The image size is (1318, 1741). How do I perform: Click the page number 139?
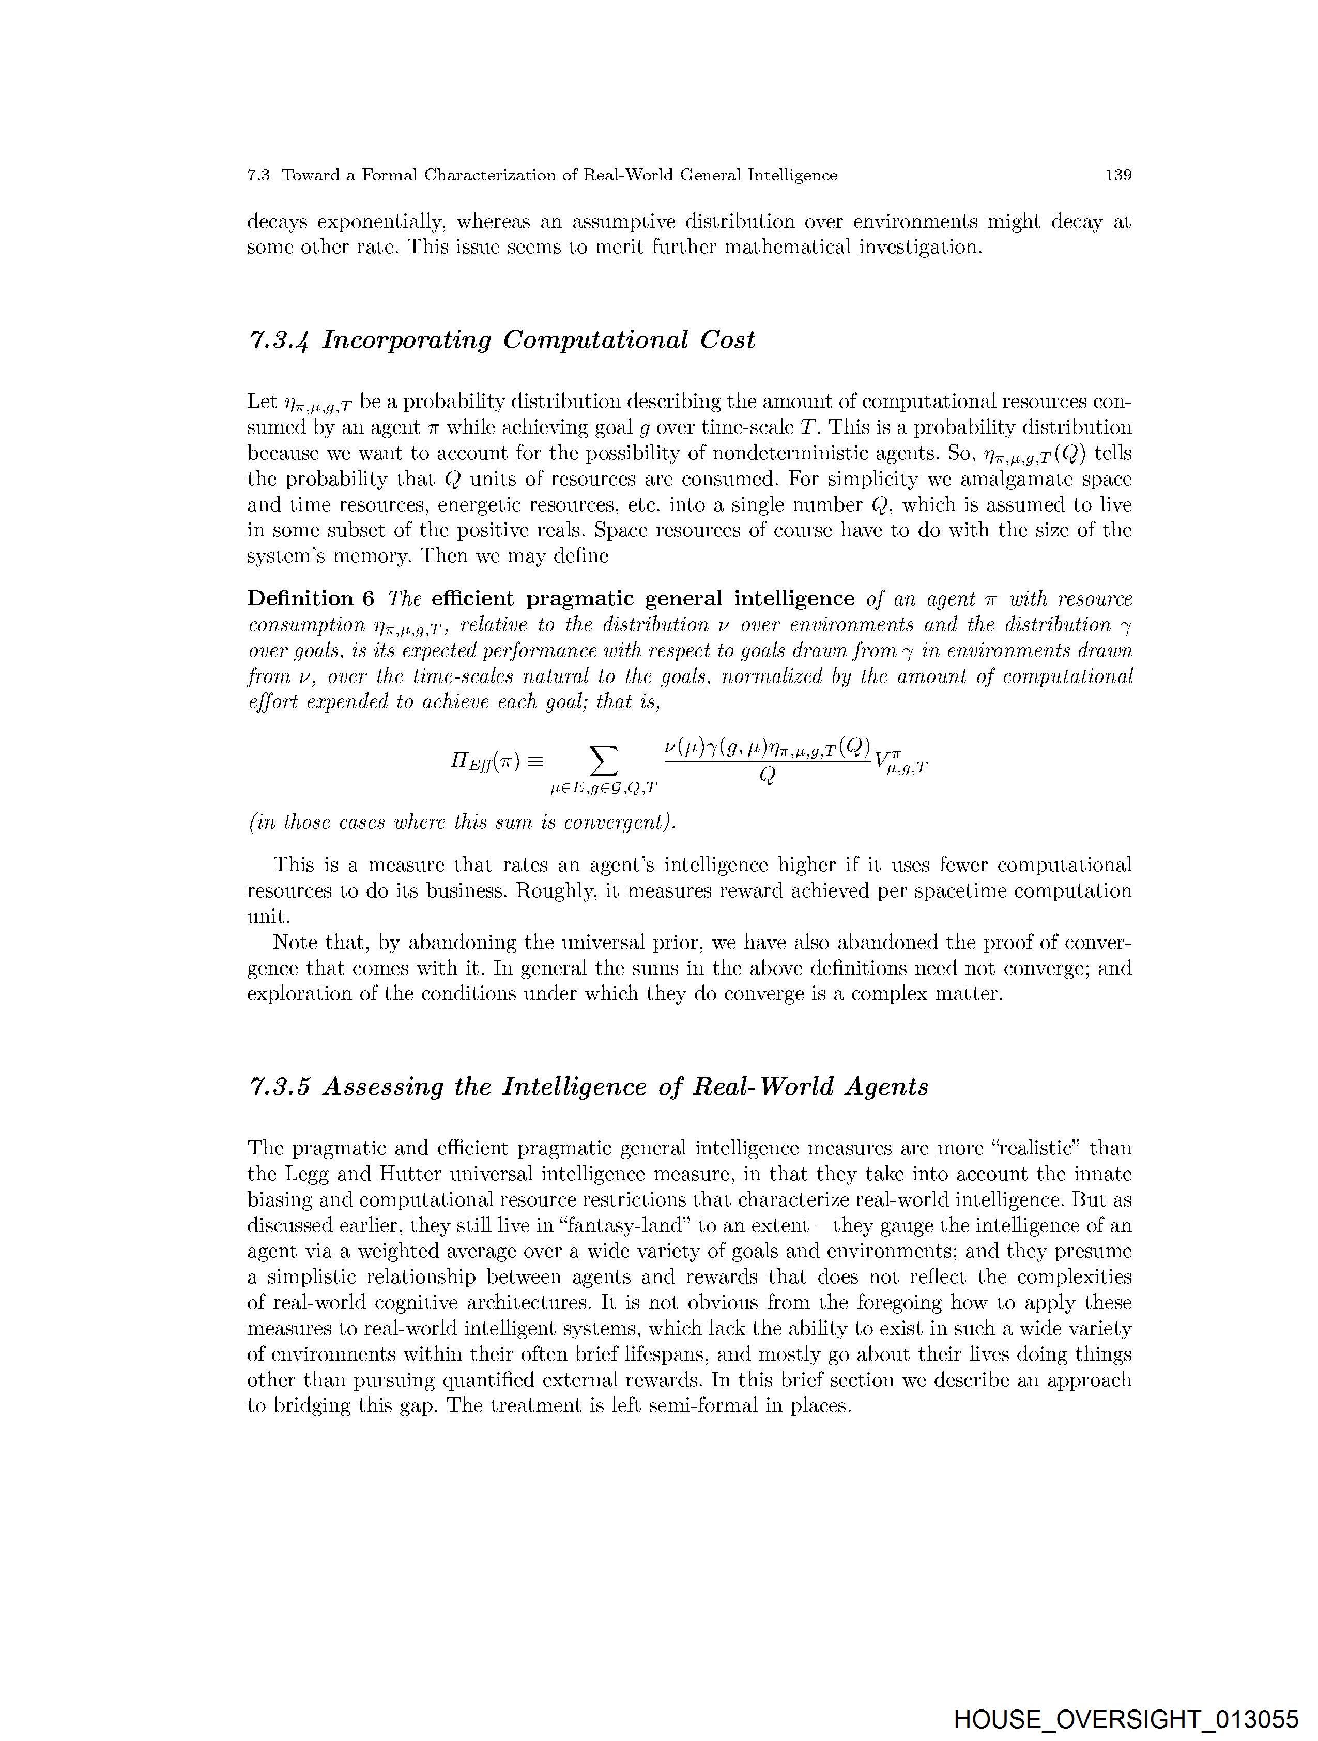tap(1118, 176)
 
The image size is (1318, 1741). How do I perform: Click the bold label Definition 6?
tap(311, 599)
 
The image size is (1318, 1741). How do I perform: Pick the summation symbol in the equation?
tap(604, 761)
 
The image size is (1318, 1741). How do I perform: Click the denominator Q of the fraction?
tap(768, 776)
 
